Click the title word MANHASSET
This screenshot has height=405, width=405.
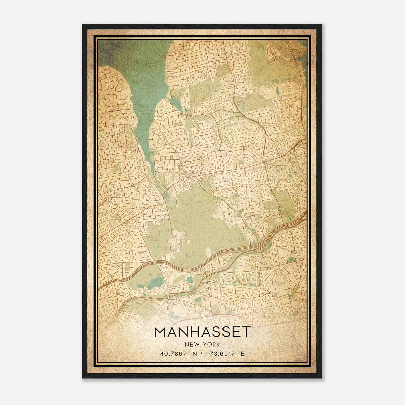point(202,332)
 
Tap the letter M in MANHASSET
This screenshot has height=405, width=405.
point(160,332)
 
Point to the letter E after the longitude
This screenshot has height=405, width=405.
point(242,354)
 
